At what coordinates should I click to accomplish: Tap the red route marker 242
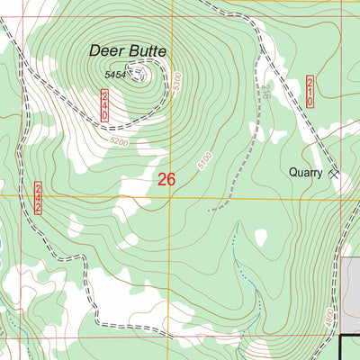point(39,197)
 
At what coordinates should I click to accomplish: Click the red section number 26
point(166,179)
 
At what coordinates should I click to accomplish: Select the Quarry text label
point(305,172)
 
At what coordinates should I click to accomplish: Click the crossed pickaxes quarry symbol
point(334,172)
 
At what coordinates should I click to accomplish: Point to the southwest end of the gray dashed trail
point(209,210)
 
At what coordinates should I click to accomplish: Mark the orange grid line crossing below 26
point(166,197)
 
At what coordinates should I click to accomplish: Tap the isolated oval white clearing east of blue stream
point(261,238)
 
